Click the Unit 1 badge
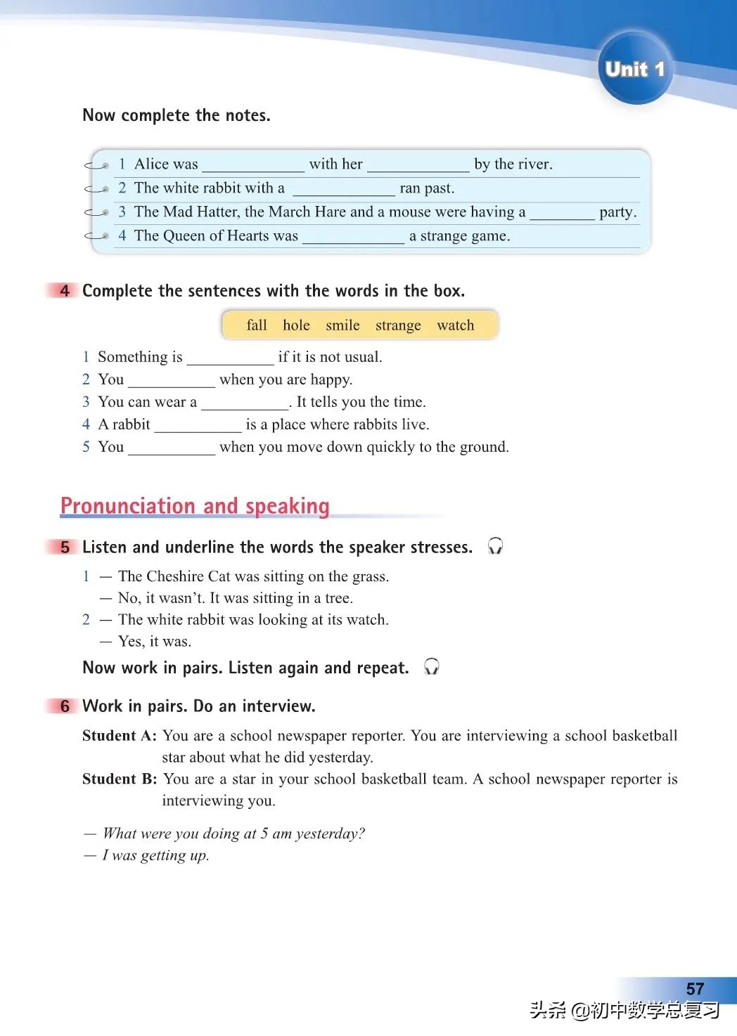click(634, 69)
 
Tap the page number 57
click(695, 988)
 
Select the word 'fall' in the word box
click(257, 325)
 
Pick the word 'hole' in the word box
click(296, 325)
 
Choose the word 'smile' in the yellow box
click(342, 325)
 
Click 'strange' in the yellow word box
click(398, 325)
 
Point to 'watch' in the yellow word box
click(456, 325)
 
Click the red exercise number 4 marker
click(64, 291)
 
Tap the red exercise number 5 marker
click(64, 548)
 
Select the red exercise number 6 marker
click(64, 706)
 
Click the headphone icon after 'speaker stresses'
click(495, 546)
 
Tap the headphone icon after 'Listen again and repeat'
click(432, 667)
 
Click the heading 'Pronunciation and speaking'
click(195, 506)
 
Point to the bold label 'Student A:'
click(119, 736)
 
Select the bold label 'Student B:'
click(119, 779)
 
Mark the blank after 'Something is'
click(230, 359)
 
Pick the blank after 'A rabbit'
click(198, 427)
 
